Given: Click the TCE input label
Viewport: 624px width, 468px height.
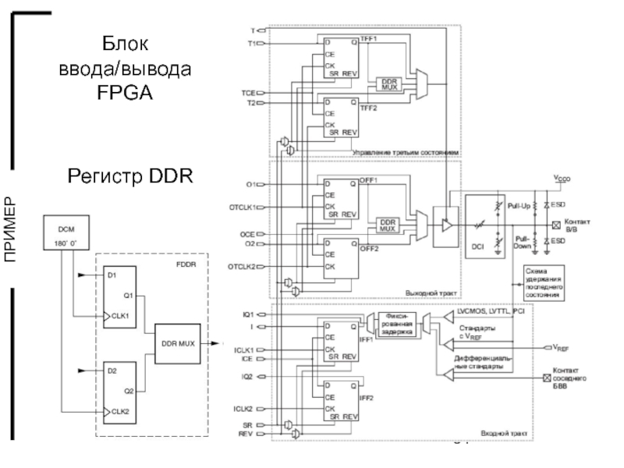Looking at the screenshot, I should click(249, 93).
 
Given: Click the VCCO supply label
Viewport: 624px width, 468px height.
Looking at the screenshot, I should click(562, 179).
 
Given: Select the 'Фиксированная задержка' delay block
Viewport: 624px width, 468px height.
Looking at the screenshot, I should click(397, 324).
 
